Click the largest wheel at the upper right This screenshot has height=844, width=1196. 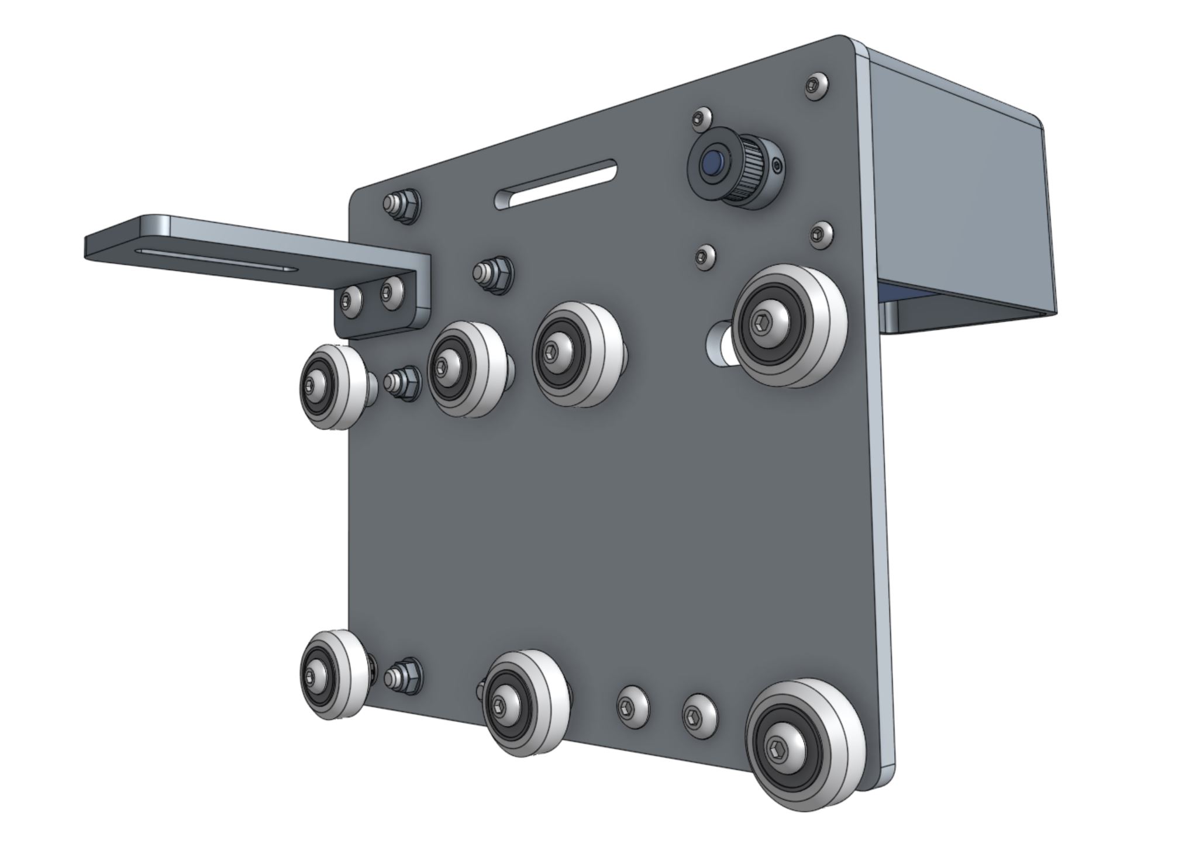[x=790, y=325]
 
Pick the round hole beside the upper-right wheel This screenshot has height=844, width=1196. [x=718, y=343]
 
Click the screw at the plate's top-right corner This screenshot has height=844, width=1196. [x=815, y=87]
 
